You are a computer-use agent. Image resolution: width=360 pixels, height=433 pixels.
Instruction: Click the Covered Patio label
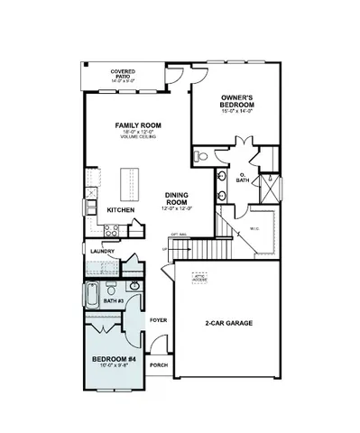click(x=123, y=72)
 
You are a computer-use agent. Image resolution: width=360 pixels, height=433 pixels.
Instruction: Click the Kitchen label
click(x=121, y=210)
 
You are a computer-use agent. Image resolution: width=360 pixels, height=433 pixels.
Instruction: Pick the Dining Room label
click(x=176, y=201)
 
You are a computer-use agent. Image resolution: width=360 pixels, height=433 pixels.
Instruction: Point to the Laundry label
click(x=101, y=252)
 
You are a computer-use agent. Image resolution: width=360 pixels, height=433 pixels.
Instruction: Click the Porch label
click(x=159, y=365)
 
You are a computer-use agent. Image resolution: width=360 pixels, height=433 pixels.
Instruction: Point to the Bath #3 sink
click(x=134, y=287)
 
